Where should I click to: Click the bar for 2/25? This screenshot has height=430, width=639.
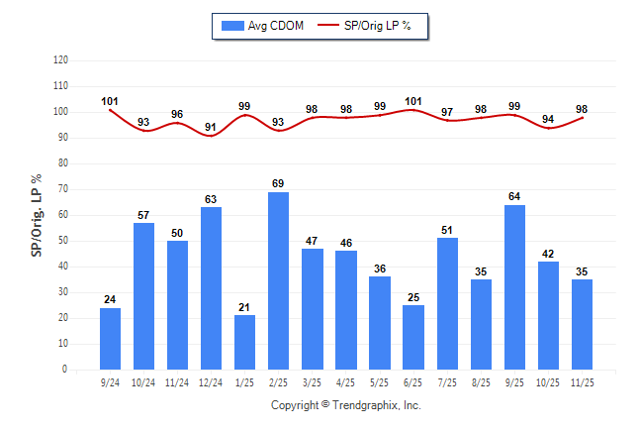[279, 280]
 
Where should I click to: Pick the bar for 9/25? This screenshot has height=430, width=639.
[514, 286]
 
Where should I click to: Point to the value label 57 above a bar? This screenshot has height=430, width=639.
[143, 215]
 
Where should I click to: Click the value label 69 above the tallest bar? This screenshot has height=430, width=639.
[279, 184]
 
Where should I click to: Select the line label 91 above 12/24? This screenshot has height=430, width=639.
[211, 127]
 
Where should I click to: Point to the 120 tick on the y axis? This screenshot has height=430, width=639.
[60, 60]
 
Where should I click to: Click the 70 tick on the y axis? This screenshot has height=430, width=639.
[62, 189]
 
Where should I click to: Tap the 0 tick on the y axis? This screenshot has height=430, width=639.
[65, 370]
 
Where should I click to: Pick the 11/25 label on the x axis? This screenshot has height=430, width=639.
[582, 381]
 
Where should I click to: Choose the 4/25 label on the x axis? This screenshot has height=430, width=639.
[346, 381]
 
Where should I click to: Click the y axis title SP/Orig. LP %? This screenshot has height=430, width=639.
[37, 213]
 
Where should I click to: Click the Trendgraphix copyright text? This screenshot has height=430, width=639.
[346, 405]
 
